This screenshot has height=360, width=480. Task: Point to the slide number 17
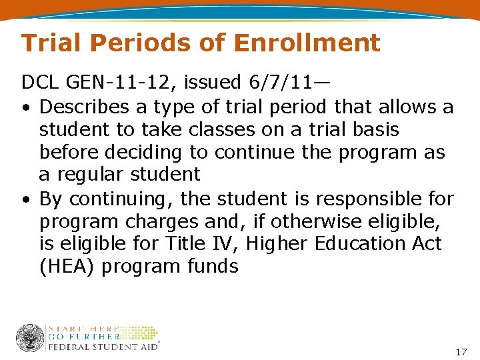pos(461,351)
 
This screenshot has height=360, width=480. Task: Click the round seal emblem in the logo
pos(30,338)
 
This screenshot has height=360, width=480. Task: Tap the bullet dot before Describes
pos(25,107)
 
